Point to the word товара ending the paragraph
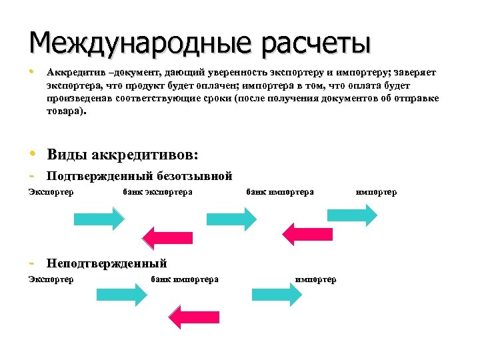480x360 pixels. tap(65, 113)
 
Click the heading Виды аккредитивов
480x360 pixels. tap(123, 155)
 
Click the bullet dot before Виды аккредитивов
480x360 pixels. tap(33, 155)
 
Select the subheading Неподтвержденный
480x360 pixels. tap(107, 263)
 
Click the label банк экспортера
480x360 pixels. tap(158, 193)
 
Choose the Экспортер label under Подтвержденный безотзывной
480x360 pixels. tap(51, 193)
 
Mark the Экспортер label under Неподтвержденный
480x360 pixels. tap(51, 279)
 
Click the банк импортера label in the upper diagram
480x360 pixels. tap(280, 193)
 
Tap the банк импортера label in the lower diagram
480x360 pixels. tap(185, 279)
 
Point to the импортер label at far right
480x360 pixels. tap(376, 193)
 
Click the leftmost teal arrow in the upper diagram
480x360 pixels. tap(98, 218)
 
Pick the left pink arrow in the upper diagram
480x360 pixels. tap(167, 237)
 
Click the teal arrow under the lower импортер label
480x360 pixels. tap(276, 294)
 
